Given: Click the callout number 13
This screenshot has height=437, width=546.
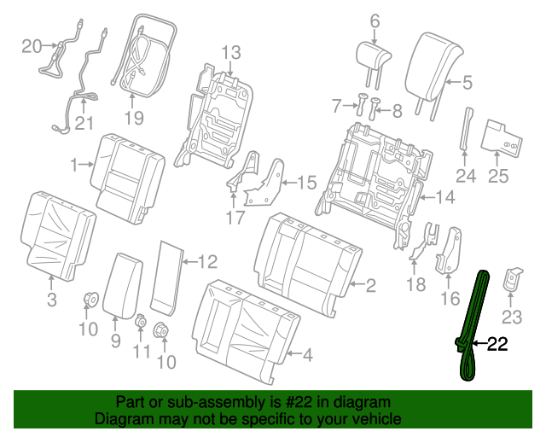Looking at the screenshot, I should click(x=232, y=53).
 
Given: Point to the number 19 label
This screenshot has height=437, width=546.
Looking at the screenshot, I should click(x=135, y=118).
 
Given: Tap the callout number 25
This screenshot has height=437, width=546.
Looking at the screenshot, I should click(x=497, y=177).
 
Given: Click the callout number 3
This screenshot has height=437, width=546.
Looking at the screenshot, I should click(x=51, y=299).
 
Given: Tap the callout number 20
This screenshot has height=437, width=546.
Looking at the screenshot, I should click(x=31, y=46).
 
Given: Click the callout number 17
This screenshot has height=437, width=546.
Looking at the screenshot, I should click(x=235, y=218).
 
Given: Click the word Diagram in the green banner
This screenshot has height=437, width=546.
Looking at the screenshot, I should click(x=122, y=420).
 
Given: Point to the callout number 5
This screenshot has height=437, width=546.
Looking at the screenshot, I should click(x=467, y=84).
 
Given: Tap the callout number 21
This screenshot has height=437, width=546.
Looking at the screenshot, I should click(x=83, y=125).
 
